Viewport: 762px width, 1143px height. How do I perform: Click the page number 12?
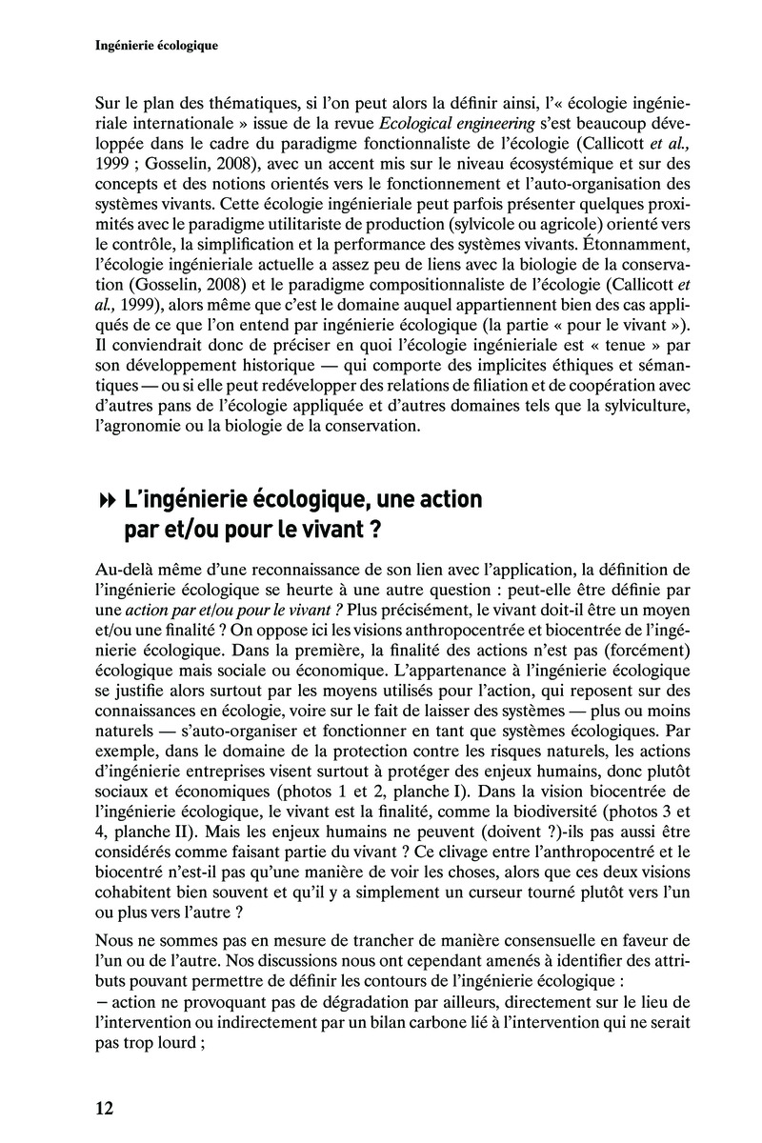(105, 1108)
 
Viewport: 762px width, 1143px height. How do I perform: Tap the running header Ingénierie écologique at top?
(158, 45)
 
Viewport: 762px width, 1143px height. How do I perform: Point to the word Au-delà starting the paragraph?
(126, 570)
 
